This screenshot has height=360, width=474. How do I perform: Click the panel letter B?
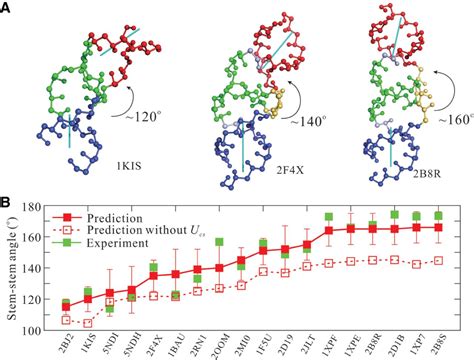8,203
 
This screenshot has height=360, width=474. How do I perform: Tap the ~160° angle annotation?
447,128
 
